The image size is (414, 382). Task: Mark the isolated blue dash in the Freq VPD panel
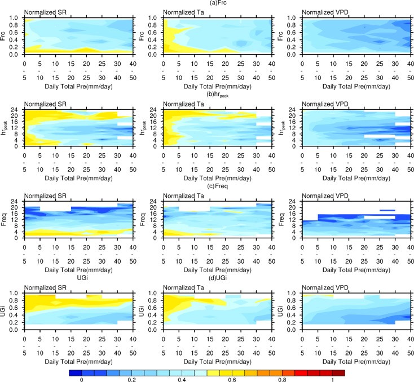386,211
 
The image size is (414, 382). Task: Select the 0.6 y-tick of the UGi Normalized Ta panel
154,307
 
